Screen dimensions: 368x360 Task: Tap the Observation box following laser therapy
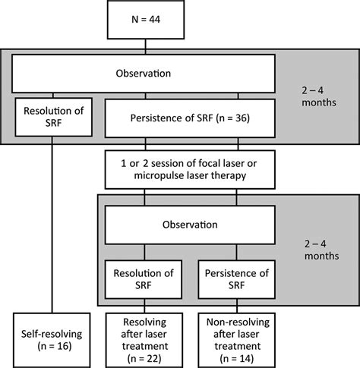(x=199, y=225)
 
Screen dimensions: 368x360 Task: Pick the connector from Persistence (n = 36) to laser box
(x=198, y=145)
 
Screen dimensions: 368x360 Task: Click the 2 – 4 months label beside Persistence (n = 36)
(x=320, y=117)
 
